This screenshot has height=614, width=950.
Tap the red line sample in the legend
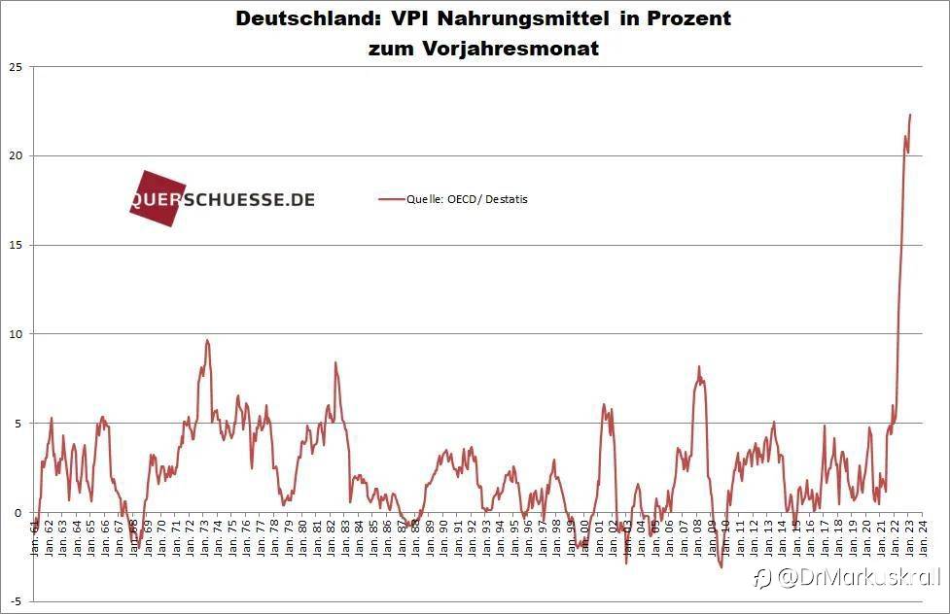coord(392,199)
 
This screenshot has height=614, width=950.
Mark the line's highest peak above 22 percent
coord(910,115)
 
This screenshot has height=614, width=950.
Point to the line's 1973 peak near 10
coord(207,340)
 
